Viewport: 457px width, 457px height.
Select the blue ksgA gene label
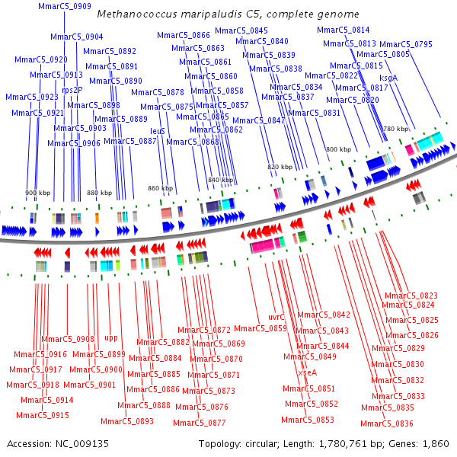click(388, 78)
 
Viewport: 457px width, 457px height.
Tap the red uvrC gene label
click(276, 317)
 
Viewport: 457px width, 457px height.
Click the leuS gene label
click(158, 131)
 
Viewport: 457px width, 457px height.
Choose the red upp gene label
click(111, 337)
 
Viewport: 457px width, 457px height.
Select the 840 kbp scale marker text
click(220, 180)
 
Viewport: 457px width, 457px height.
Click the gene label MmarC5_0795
click(405, 44)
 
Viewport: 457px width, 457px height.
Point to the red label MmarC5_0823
click(411, 296)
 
